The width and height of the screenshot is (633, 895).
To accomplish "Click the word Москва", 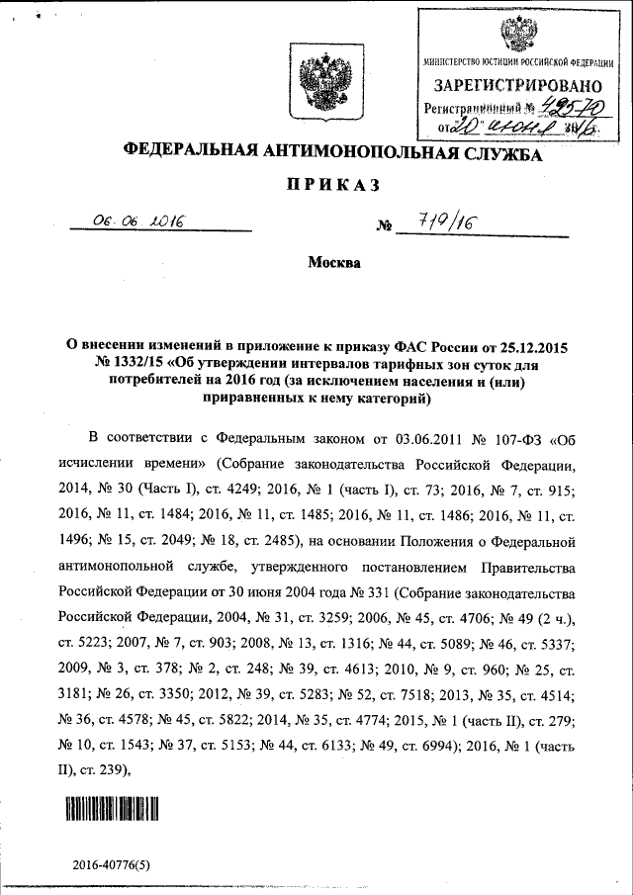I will (334, 263).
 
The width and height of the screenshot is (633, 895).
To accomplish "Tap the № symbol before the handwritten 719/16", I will (386, 227).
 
